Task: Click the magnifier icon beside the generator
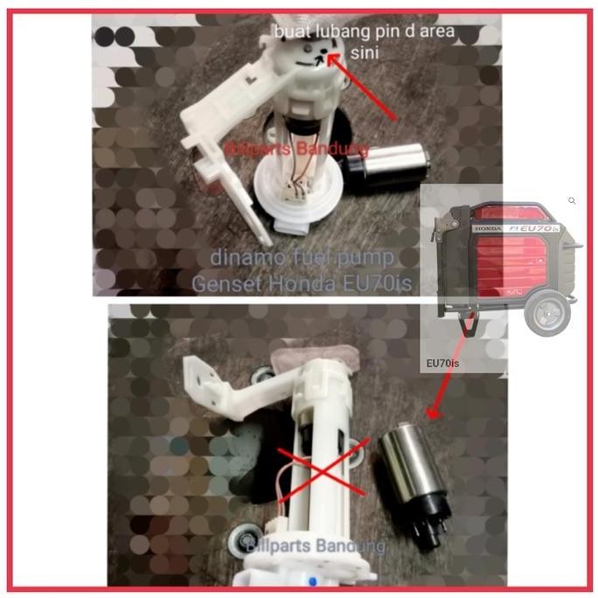[572, 201]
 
